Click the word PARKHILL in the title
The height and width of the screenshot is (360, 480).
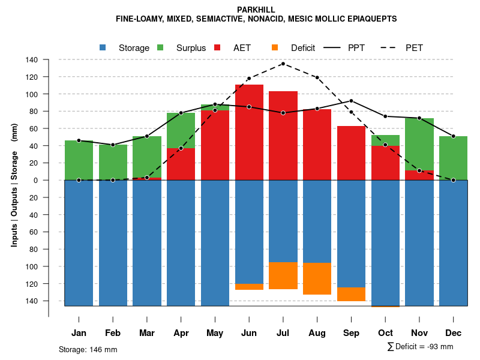(x=256, y=10)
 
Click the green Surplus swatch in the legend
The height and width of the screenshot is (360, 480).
(x=161, y=47)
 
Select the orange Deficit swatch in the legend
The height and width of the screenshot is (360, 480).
(x=275, y=47)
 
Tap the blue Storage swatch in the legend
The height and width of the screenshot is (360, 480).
(x=103, y=47)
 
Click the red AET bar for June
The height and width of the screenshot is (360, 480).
(x=249, y=132)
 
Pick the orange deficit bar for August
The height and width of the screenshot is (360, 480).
(x=317, y=278)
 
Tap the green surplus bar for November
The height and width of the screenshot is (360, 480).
(x=419, y=144)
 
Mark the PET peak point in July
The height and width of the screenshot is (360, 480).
(x=283, y=64)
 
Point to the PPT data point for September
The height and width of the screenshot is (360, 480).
(x=351, y=101)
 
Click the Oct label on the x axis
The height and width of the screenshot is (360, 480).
(x=385, y=333)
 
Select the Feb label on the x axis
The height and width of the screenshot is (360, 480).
(x=113, y=333)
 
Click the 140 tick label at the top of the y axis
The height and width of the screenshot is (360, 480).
(x=32, y=60)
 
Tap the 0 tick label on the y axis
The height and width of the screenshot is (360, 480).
(x=35, y=180)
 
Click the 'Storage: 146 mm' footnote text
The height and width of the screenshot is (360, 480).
(x=88, y=349)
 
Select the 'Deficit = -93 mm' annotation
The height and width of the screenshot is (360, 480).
(x=424, y=346)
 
